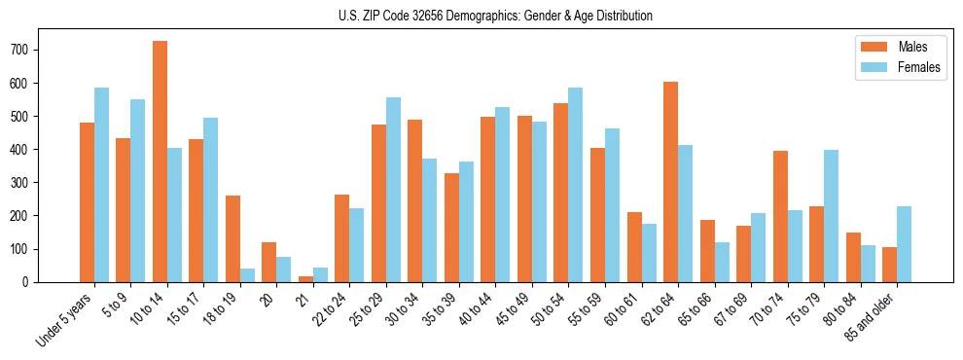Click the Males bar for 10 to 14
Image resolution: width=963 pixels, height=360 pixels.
160,162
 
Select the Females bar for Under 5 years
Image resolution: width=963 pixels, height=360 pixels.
101,185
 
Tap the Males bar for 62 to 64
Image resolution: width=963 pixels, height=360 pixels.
670,182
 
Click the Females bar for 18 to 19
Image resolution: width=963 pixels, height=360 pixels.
247,275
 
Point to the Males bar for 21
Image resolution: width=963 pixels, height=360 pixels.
305,278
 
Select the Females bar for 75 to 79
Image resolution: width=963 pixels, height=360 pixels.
831,216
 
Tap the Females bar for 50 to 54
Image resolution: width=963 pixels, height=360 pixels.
576,185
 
